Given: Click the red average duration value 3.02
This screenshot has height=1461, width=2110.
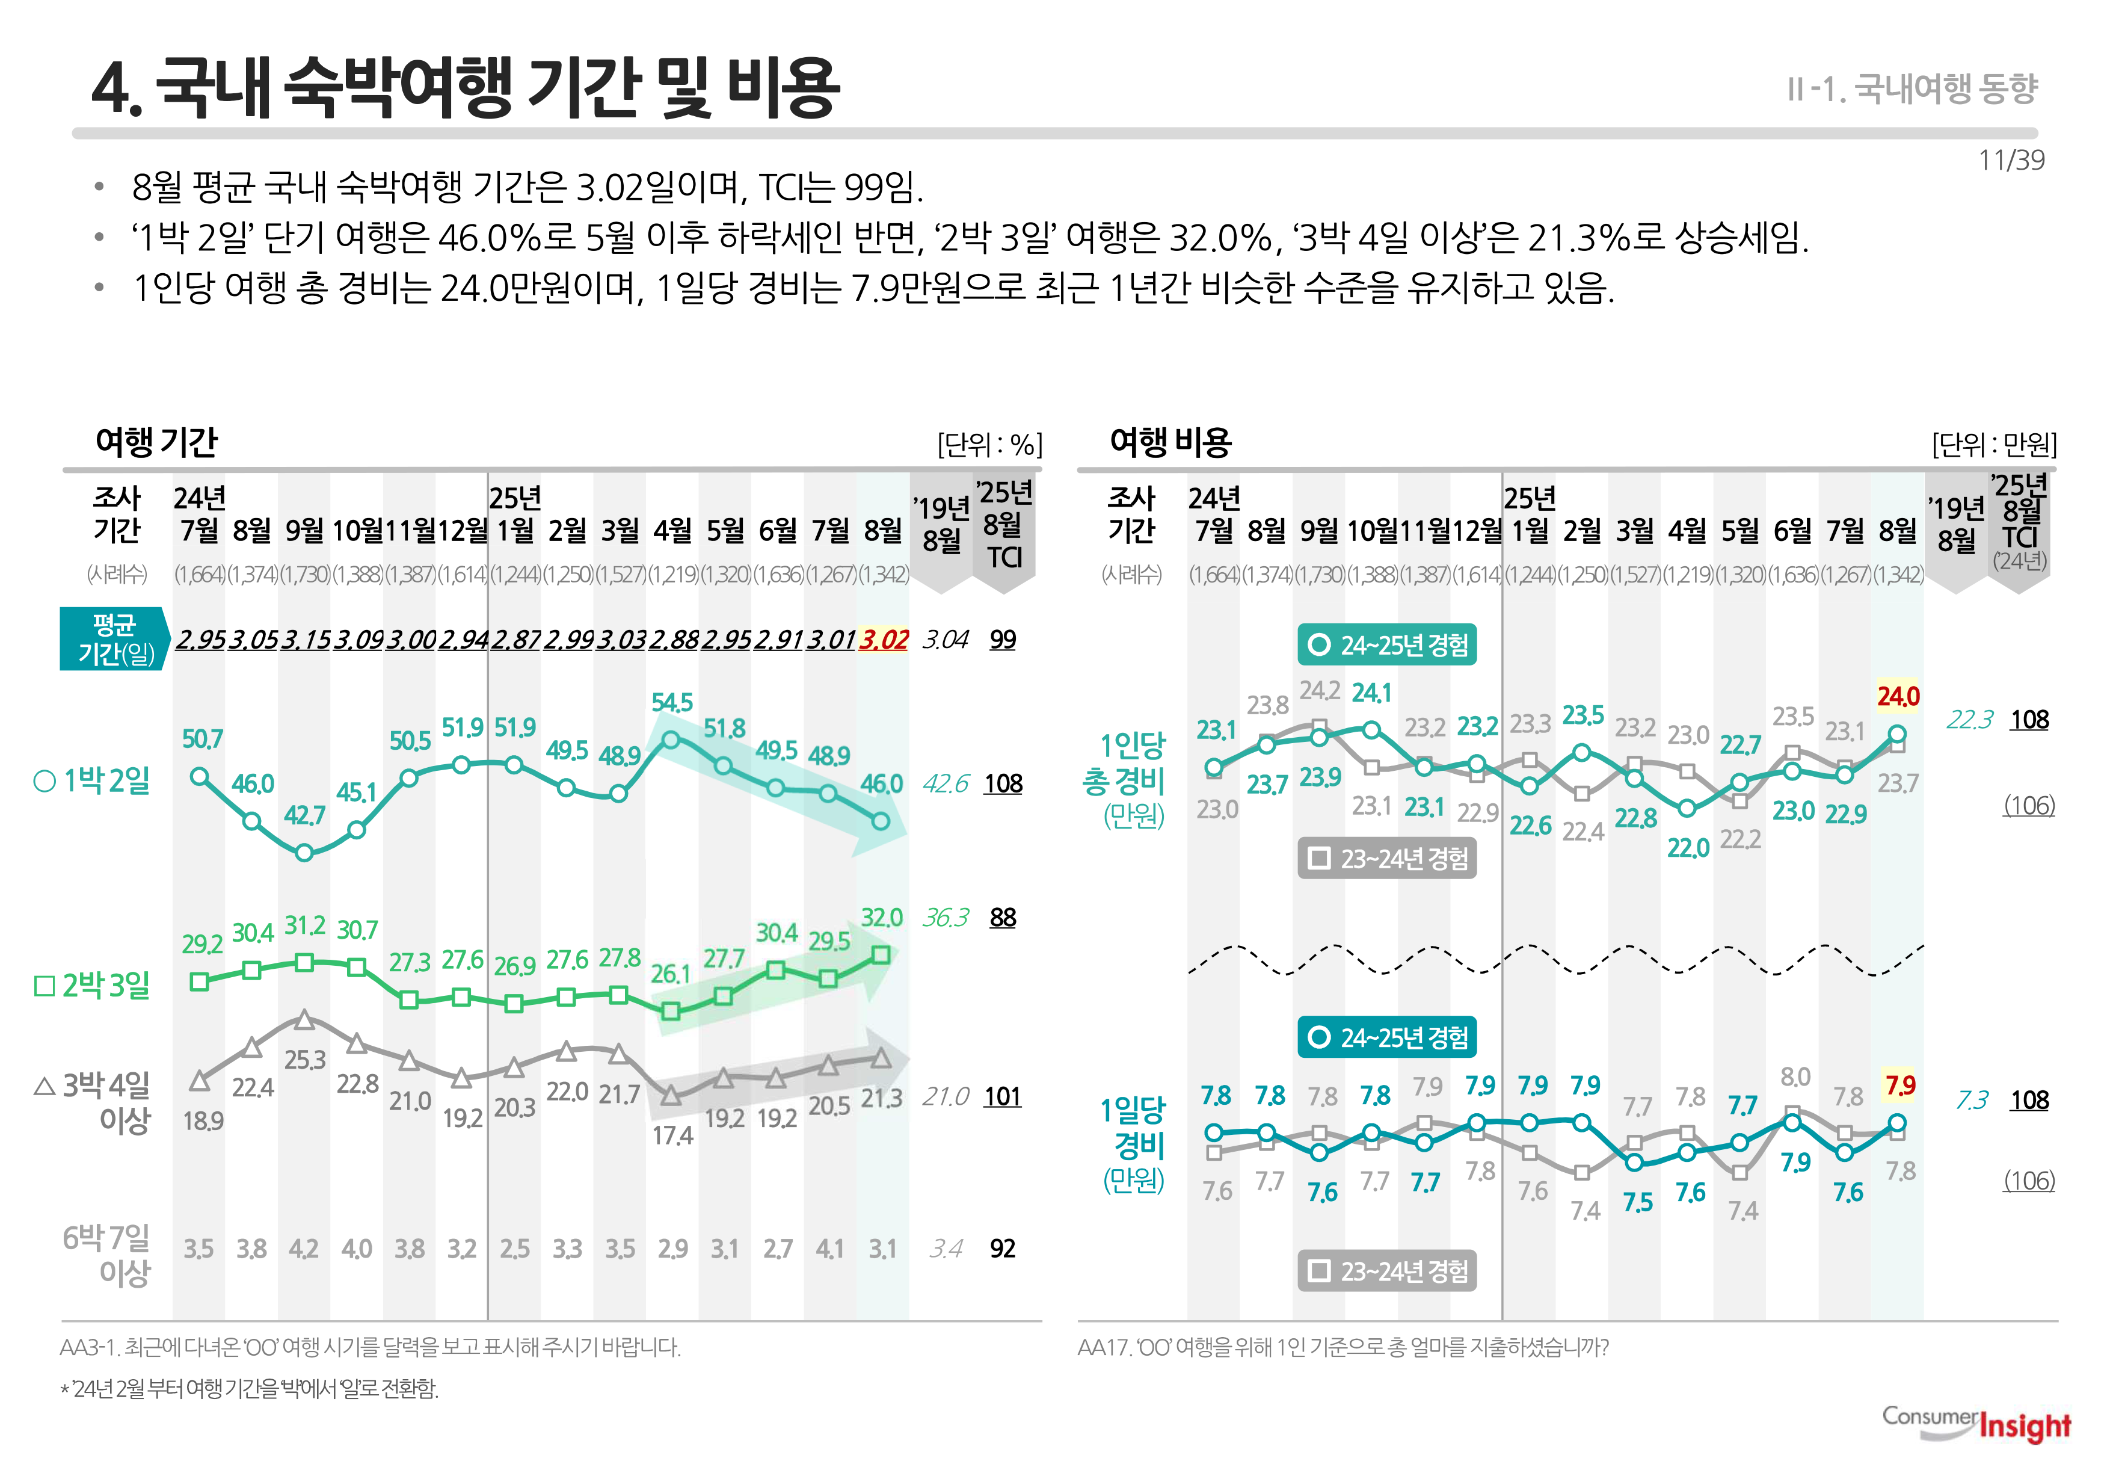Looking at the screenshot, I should pos(883,640).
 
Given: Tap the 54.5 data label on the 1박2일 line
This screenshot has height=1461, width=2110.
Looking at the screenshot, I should pos(672,703).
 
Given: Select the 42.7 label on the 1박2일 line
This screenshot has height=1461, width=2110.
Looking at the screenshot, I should pos(305,815).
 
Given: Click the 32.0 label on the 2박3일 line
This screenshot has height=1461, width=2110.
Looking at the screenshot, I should pos(881,917).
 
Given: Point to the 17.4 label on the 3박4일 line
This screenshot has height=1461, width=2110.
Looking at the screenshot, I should pos(672,1136).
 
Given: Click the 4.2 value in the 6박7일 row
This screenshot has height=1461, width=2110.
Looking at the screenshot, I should pos(304,1249).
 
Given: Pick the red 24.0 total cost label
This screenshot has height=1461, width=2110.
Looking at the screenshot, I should pos(1898,697).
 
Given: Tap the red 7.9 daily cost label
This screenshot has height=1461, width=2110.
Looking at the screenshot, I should pos(1899,1086).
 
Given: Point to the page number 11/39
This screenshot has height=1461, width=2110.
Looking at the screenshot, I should pos(2010,160).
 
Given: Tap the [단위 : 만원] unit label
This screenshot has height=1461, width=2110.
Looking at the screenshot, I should pos(1994,445).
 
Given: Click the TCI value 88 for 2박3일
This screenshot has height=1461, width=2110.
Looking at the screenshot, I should pos(1003,917).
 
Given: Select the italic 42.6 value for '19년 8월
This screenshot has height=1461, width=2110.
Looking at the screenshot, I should pos(945,783).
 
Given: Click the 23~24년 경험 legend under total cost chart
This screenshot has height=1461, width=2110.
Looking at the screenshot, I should pos(1386,859).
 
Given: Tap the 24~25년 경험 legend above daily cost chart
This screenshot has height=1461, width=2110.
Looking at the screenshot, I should pos(1386,1037).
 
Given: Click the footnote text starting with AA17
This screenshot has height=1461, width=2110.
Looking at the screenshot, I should pos(1343,1347).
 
